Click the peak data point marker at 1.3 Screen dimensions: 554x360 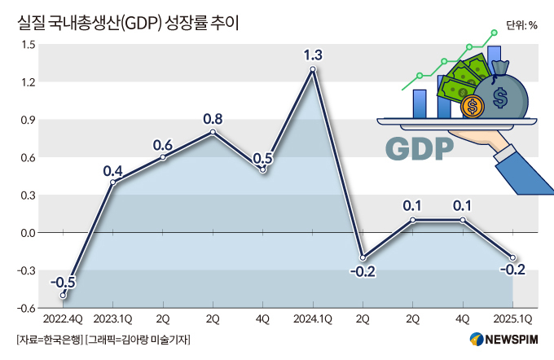313,69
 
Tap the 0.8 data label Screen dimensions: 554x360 213,119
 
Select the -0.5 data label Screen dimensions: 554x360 63,283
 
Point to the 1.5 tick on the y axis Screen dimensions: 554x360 29,45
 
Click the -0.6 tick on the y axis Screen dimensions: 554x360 27,308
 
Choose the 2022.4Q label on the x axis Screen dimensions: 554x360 63,319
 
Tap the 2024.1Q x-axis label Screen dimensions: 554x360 313,319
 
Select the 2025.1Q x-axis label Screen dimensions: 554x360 512,319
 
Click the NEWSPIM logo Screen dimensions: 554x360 504,339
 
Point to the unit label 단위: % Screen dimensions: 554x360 521,25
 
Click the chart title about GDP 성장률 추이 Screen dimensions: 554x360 128,23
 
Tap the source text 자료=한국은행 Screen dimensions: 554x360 50,340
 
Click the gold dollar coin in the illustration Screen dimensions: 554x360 473,106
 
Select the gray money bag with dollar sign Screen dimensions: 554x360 501,90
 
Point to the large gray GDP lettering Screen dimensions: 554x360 420,149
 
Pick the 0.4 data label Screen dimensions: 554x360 112,171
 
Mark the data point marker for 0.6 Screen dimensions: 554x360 163,157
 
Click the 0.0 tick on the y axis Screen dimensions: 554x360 29,233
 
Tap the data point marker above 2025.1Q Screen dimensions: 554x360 512,257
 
